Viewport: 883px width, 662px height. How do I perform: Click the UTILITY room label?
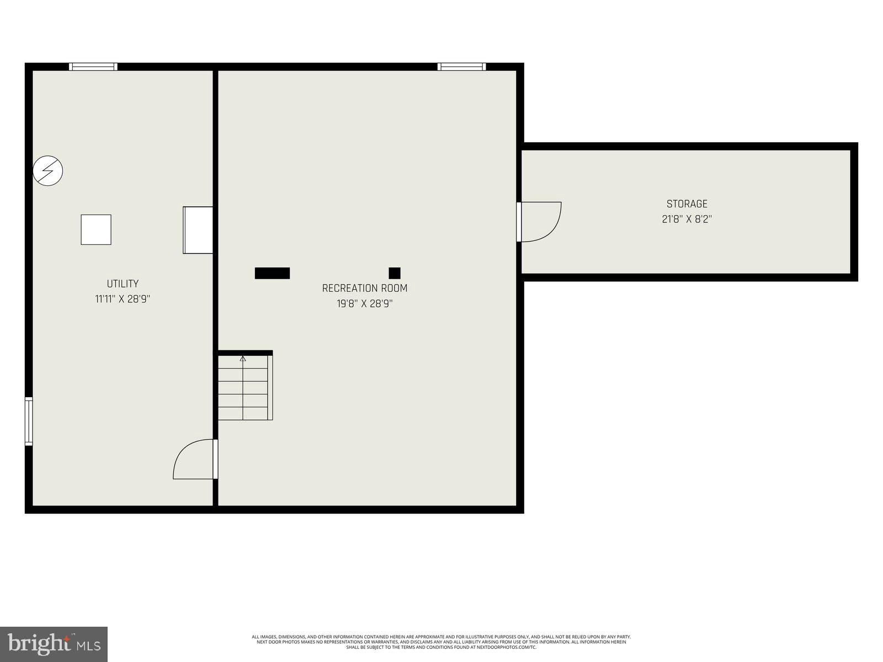pyautogui.click(x=123, y=284)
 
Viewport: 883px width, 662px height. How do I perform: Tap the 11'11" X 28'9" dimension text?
pyautogui.click(x=123, y=299)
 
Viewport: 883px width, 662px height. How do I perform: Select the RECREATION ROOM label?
pyautogui.click(x=365, y=288)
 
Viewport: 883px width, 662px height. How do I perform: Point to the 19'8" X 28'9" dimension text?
pyautogui.click(x=365, y=303)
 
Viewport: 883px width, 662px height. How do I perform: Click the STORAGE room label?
pyautogui.click(x=687, y=204)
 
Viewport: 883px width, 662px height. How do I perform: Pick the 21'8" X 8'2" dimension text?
pyautogui.click(x=687, y=219)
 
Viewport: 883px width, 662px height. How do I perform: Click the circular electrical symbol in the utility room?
pyautogui.click(x=48, y=171)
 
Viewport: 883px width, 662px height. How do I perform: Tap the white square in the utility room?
pyautogui.click(x=96, y=229)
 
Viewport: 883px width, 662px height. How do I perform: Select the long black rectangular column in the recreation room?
pyautogui.click(x=272, y=273)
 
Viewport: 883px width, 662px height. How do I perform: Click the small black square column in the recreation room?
pyautogui.click(x=395, y=273)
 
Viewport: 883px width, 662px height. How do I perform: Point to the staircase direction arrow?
pyautogui.click(x=243, y=359)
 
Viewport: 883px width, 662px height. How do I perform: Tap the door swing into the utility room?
pyautogui.click(x=194, y=460)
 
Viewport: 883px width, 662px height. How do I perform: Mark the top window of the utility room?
pyautogui.click(x=93, y=67)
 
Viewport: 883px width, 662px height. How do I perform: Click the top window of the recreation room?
pyautogui.click(x=462, y=67)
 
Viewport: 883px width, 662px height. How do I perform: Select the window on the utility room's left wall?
pyautogui.click(x=29, y=421)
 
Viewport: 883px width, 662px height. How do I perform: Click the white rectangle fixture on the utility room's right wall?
pyautogui.click(x=198, y=230)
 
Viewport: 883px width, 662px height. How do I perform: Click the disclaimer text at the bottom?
pyautogui.click(x=441, y=642)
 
